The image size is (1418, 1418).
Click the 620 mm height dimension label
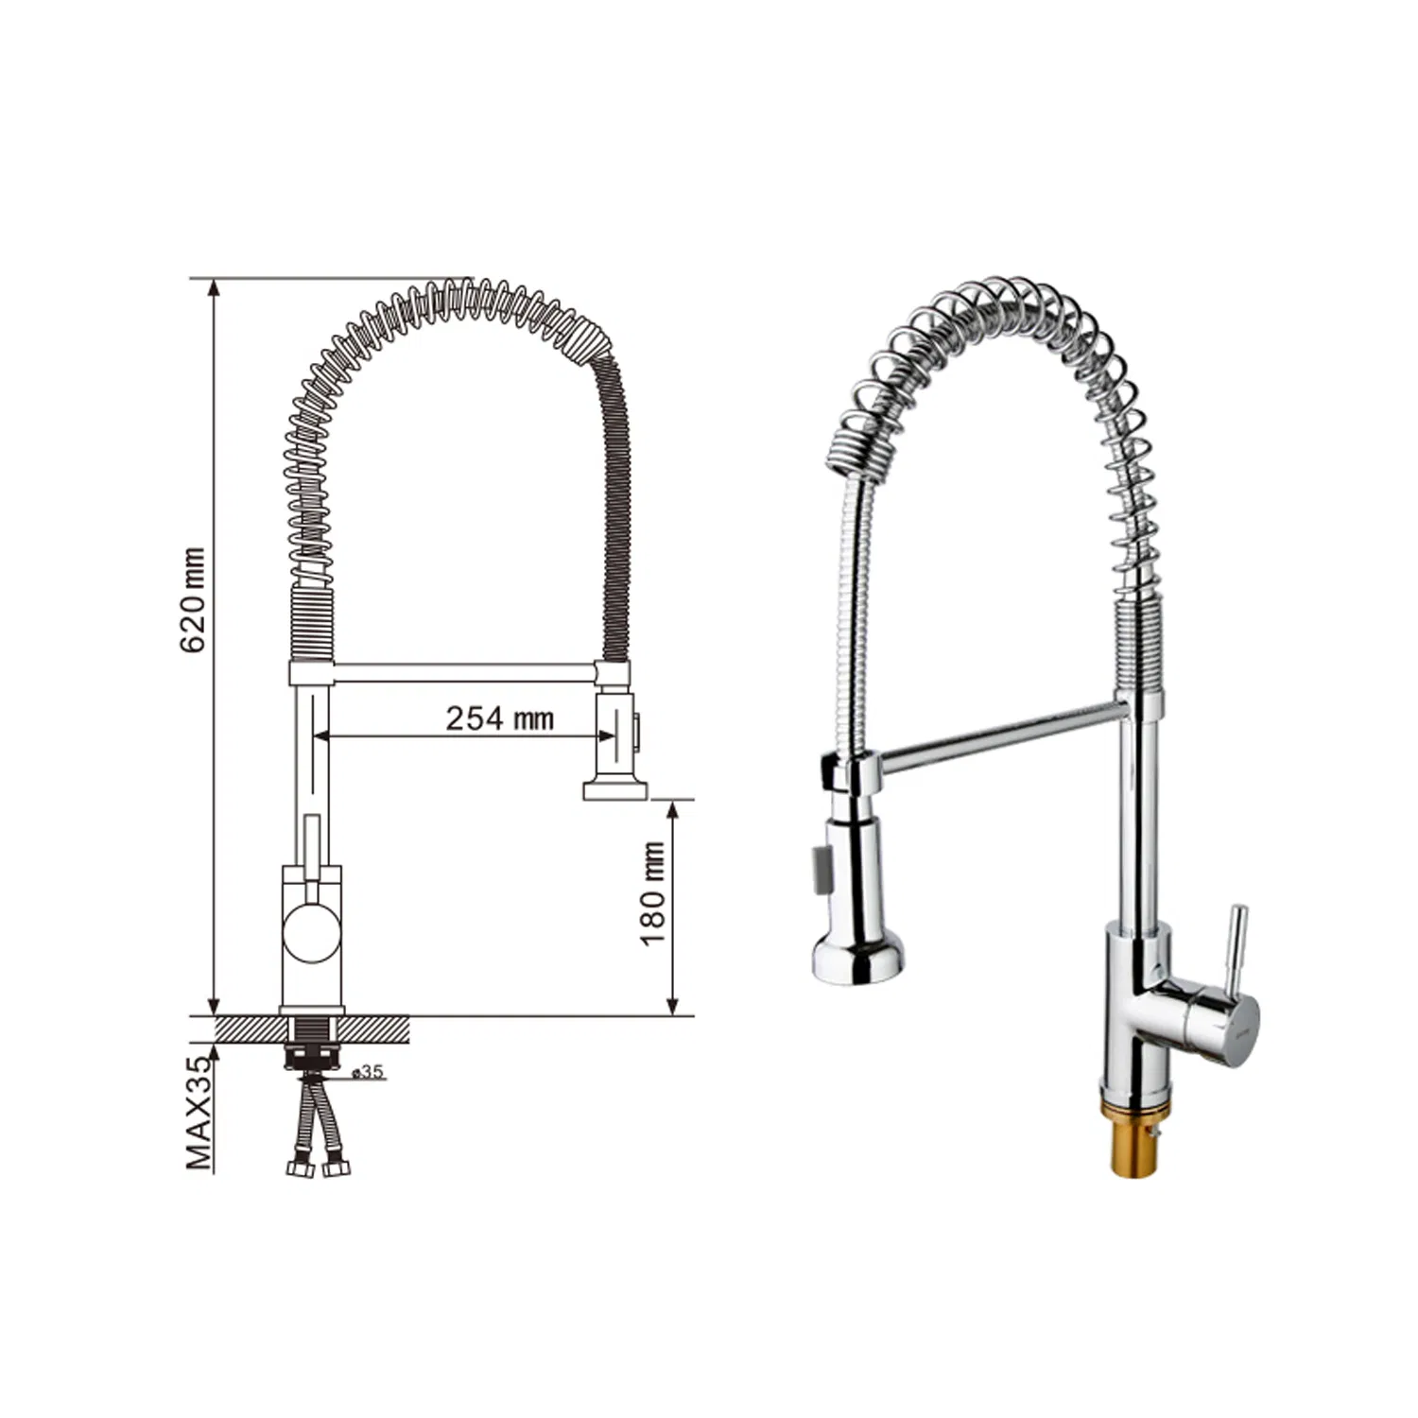[x=194, y=600]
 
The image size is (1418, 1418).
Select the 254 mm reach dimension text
[x=499, y=718]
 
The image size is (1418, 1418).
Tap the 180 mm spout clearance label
[x=653, y=893]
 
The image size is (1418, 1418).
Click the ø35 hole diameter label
[x=367, y=1072]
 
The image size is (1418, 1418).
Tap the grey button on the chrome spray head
[x=819, y=864]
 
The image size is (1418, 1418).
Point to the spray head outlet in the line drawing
[x=615, y=789]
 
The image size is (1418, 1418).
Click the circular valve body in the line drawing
[x=311, y=931]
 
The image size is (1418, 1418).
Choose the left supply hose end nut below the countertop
[x=300, y=1168]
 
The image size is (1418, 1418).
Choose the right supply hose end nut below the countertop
[x=335, y=1168]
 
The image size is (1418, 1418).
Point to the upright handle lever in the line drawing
[x=312, y=846]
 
